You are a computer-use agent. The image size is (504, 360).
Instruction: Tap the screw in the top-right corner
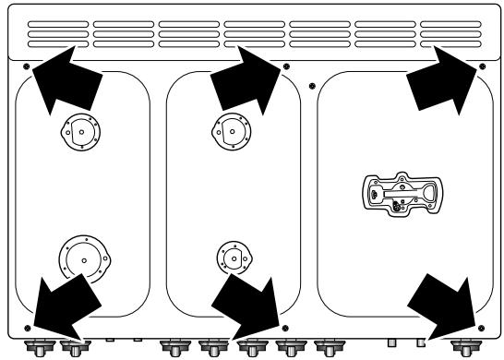pos(482,67)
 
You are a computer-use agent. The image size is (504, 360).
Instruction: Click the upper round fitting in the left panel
pos(80,131)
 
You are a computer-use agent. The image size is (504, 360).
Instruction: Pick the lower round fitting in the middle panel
pos(231,258)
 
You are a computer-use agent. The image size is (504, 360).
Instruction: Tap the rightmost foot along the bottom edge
pos(462,348)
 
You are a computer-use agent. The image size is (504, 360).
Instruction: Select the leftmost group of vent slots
pos(57,34)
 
